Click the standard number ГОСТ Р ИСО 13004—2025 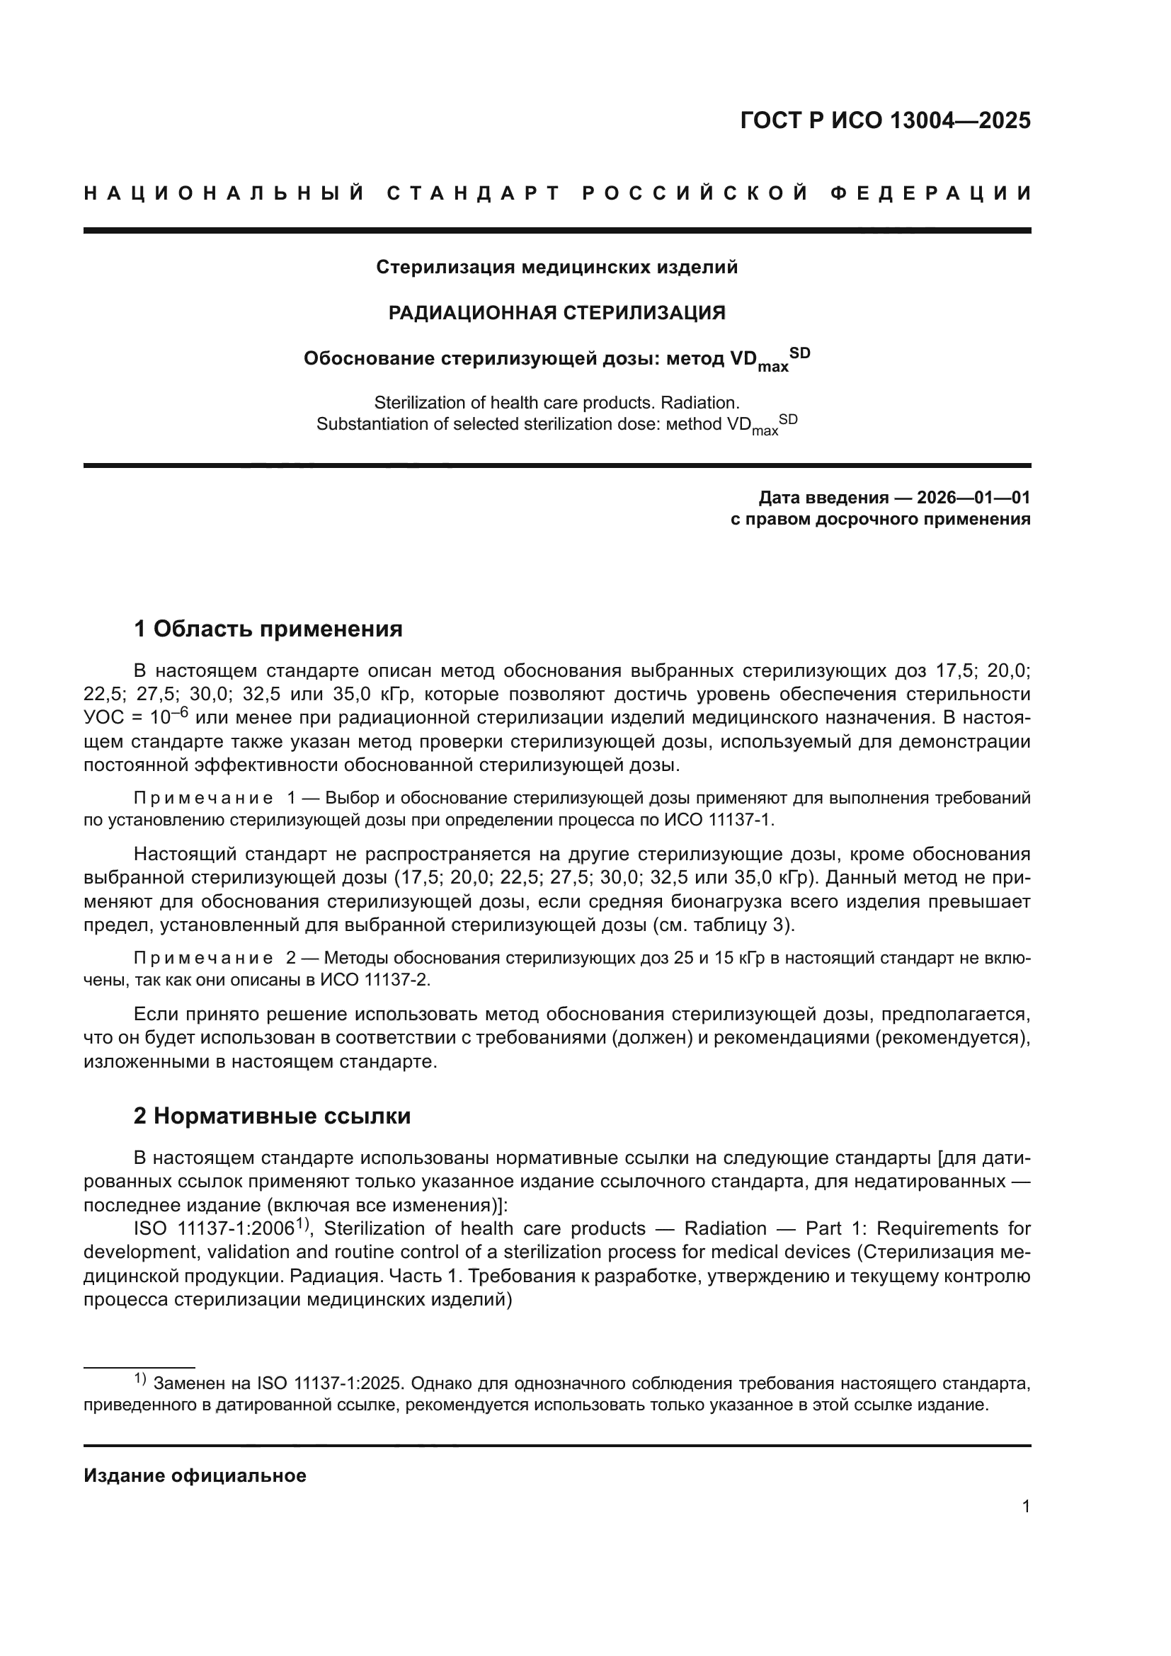coord(885,120)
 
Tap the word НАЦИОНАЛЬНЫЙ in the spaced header coord(224,193)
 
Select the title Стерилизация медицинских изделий coord(556,268)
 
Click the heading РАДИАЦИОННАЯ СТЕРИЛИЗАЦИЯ coord(556,313)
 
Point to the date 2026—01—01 coord(973,498)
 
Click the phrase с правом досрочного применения coord(880,519)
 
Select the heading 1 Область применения coord(268,629)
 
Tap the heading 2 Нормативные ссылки coord(273,1117)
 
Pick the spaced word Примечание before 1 coord(203,799)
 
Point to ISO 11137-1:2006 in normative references coord(214,1229)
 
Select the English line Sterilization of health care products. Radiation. coord(556,402)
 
